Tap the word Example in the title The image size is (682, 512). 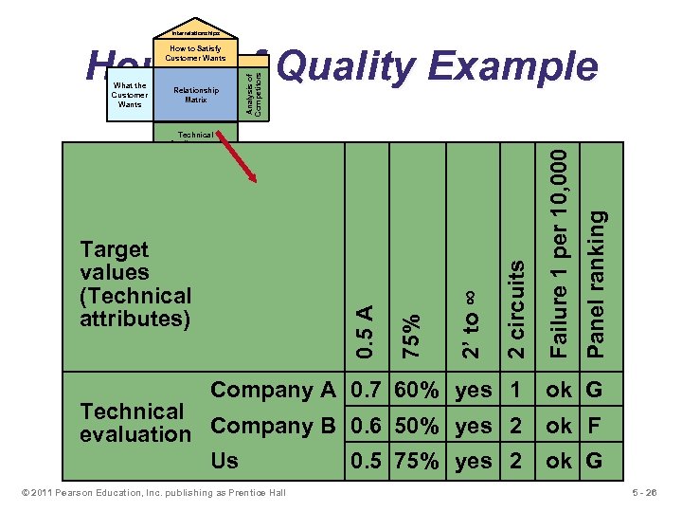(512, 67)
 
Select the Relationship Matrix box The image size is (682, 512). (196, 95)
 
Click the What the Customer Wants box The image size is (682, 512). (129, 95)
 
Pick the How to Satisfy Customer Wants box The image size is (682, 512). (196, 53)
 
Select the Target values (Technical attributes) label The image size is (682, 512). (135, 283)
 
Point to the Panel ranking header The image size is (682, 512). (597, 283)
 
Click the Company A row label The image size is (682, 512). (273, 390)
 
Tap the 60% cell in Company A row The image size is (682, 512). (417, 390)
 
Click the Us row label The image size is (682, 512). (224, 461)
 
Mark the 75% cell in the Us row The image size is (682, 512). (417, 461)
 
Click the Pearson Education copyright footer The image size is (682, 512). (151, 492)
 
